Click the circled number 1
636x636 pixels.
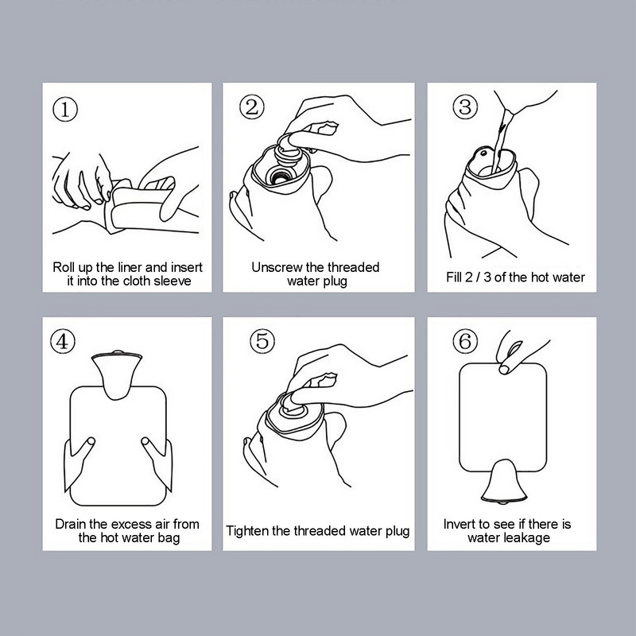point(65,110)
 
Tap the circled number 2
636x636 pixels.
point(252,107)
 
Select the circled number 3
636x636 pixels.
point(465,107)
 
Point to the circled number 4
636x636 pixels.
point(63,341)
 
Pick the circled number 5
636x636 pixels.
point(262,341)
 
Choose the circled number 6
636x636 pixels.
point(465,341)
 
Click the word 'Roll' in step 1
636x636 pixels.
point(64,267)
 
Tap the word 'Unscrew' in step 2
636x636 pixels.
point(277,267)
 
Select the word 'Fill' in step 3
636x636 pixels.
point(454,277)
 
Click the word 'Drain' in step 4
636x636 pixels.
point(71,524)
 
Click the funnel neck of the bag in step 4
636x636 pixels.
point(117,375)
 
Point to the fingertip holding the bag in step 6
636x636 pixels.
point(504,369)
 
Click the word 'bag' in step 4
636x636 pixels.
point(169,538)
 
